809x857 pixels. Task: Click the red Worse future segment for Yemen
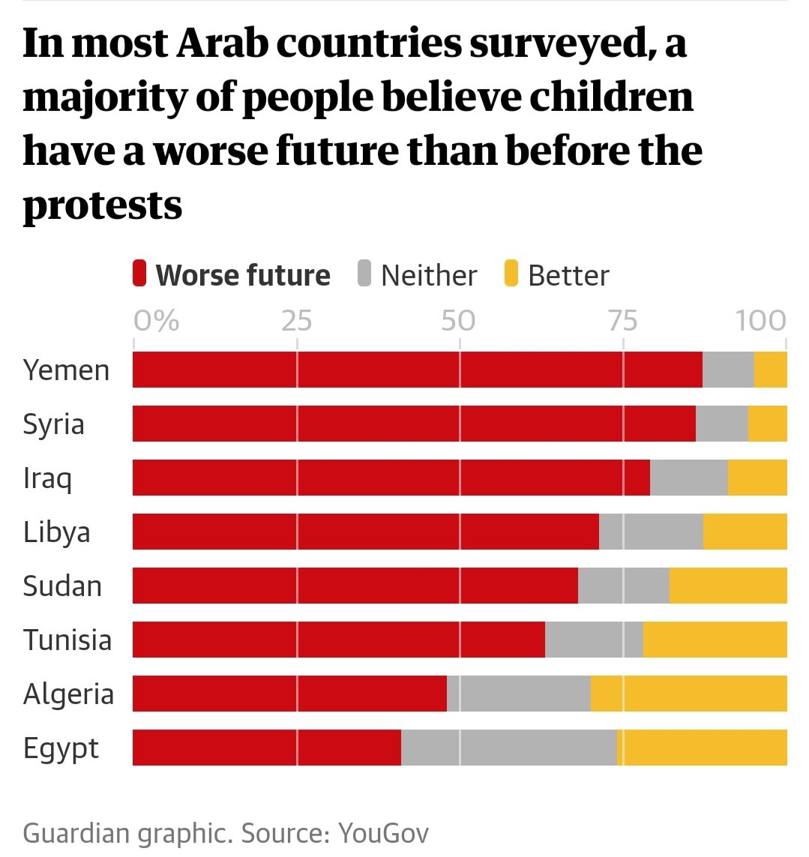(417, 370)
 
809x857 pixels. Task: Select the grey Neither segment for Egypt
(508, 748)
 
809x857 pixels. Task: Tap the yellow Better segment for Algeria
(688, 694)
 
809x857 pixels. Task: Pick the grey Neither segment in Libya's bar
(651, 532)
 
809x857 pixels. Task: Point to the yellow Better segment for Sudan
(727, 586)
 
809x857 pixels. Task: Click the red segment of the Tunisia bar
(339, 640)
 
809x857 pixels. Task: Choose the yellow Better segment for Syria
(767, 424)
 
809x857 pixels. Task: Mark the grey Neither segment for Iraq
(688, 478)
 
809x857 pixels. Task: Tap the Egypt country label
(61, 748)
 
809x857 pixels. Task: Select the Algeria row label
(68, 694)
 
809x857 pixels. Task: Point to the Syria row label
(53, 424)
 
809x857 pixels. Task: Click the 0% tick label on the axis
(157, 321)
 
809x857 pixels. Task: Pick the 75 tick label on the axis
(622, 321)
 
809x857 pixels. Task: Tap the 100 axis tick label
(760, 321)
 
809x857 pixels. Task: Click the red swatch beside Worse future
(139, 274)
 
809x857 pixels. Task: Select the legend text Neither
(428, 275)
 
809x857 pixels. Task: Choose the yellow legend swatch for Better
(511, 274)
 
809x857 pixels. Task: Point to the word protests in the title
(103, 205)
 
